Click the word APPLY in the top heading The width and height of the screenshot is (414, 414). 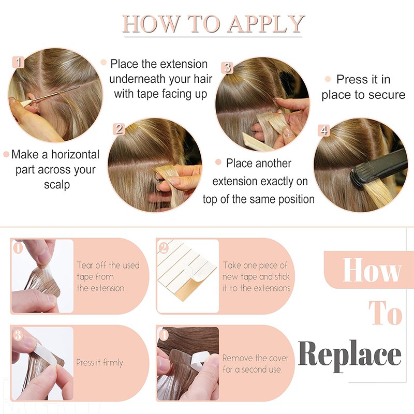266,24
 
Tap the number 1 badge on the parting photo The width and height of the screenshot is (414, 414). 18,62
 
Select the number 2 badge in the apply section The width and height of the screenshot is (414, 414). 119,129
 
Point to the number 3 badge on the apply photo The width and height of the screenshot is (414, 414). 227,68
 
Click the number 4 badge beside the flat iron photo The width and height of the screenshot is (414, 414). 324,130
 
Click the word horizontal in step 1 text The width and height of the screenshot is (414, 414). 75,154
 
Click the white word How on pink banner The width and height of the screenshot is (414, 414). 372,270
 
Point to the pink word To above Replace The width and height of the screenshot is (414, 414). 385,313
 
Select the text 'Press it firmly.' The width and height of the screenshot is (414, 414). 100,363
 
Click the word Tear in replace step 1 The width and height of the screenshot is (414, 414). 85,265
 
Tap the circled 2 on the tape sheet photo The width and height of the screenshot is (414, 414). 164,248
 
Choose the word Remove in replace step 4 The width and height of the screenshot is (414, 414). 235,358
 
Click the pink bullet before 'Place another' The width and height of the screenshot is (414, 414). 218,162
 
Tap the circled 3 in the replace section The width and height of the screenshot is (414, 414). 18,335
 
